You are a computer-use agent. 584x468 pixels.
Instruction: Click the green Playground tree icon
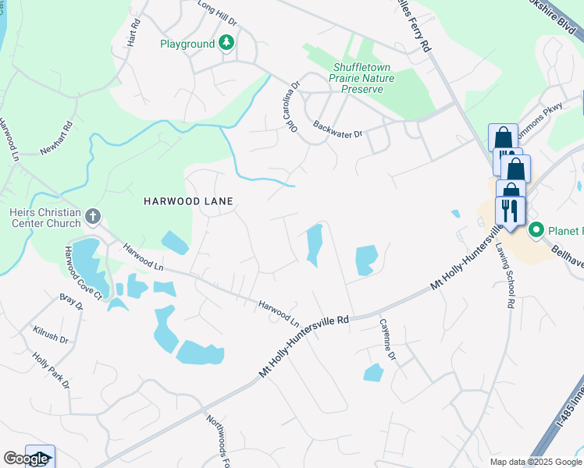point(226,44)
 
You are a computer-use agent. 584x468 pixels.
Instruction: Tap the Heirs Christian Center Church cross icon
point(92,215)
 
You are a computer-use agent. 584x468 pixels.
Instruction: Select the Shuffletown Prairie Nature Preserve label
point(363,78)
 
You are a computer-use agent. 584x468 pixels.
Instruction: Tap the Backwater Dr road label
point(337,129)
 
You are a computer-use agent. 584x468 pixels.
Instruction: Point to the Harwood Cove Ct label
point(83,272)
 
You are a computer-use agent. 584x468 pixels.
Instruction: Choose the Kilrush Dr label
point(51,335)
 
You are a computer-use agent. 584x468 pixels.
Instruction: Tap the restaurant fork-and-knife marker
point(510,210)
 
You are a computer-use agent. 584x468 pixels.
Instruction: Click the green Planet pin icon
point(536,230)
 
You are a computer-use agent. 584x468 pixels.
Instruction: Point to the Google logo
point(26,459)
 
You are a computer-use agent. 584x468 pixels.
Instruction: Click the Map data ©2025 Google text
point(536,462)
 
